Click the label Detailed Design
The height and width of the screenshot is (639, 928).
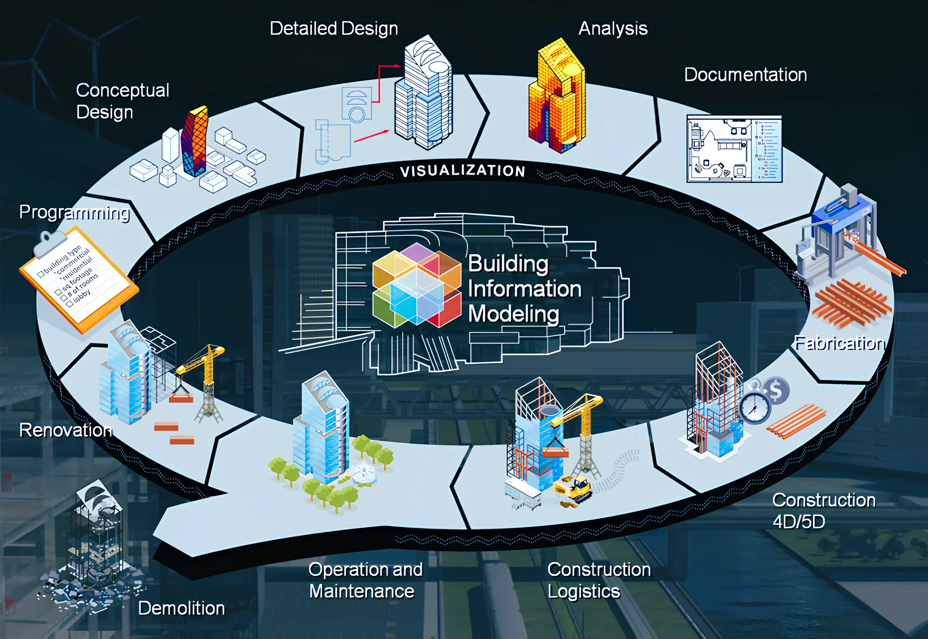[333, 29]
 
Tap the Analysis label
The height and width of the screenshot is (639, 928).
[613, 29]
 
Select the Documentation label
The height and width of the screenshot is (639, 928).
[745, 75]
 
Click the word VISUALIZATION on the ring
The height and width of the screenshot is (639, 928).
[463, 171]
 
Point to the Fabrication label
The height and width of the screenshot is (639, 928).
[840, 343]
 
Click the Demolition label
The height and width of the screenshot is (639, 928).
[181, 608]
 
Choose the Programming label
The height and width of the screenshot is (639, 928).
[74, 212]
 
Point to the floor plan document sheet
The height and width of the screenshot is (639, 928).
[734, 149]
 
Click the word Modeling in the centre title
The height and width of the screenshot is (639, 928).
[513, 314]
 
